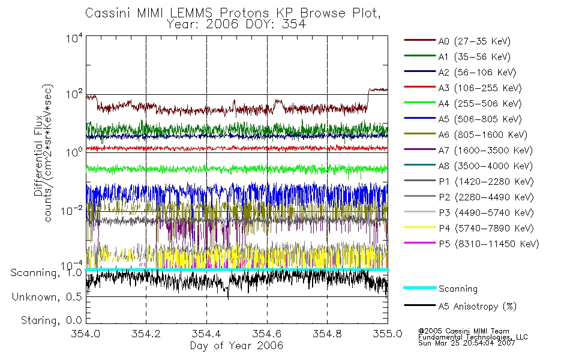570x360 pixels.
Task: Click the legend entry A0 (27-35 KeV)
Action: click(x=457, y=41)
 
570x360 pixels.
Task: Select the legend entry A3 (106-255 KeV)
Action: click(x=463, y=88)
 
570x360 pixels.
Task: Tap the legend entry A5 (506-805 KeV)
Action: click(x=463, y=119)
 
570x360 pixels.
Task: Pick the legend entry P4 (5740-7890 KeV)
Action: click(x=469, y=229)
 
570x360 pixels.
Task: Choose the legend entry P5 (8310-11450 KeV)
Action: click(x=471, y=244)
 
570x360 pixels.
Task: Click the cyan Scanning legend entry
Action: click(x=440, y=289)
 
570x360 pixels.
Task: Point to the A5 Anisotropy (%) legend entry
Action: click(x=460, y=307)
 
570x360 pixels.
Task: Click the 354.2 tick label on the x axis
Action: click(x=146, y=334)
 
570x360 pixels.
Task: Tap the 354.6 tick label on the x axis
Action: click(x=267, y=334)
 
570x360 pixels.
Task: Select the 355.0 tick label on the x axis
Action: click(x=388, y=334)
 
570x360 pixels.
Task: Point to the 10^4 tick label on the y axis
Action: click(x=74, y=38)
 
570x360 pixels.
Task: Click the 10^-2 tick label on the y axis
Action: click(x=71, y=211)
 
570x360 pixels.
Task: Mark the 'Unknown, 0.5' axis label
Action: click(x=47, y=297)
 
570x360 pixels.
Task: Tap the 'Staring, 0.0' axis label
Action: click(x=51, y=320)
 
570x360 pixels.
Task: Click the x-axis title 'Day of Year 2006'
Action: click(x=236, y=346)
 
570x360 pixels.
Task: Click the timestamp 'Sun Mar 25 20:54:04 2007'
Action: click(x=467, y=343)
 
